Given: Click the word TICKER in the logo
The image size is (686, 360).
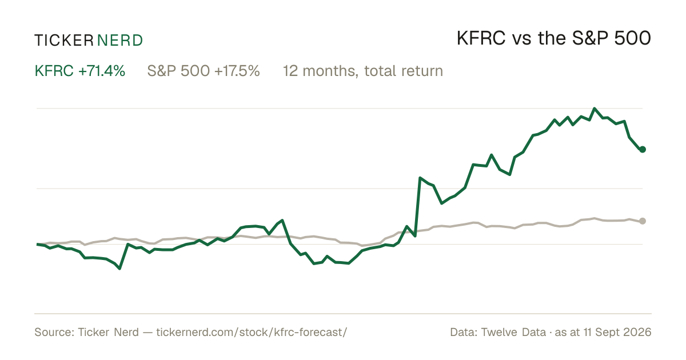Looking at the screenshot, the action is (x=64, y=41).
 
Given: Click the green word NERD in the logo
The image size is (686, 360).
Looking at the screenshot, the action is (x=119, y=41).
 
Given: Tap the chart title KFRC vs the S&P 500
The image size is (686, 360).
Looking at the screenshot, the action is (x=554, y=38).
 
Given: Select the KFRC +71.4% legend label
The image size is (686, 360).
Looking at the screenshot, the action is (x=80, y=71).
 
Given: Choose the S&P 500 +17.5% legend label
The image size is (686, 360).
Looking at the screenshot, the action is (x=204, y=71).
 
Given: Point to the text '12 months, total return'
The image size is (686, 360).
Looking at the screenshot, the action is (x=363, y=71).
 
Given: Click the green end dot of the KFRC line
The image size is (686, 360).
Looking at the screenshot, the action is (x=643, y=149).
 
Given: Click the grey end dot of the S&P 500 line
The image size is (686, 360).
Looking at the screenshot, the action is (x=643, y=221).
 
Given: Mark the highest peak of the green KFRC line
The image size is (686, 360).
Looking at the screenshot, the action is (x=595, y=109).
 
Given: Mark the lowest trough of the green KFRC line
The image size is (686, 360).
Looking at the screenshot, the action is (x=119, y=269).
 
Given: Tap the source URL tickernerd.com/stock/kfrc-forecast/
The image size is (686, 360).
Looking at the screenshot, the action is (x=252, y=332).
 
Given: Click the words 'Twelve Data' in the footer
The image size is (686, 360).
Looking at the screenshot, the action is (x=513, y=332).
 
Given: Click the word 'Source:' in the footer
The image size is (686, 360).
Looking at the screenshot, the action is (x=54, y=332).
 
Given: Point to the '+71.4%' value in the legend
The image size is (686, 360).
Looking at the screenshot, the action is (x=102, y=71).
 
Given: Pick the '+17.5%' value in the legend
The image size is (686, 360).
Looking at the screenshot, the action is (x=237, y=71).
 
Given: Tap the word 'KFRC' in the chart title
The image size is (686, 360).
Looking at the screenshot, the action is (x=481, y=38).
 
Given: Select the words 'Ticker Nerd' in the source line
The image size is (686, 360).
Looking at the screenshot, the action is (x=108, y=332).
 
